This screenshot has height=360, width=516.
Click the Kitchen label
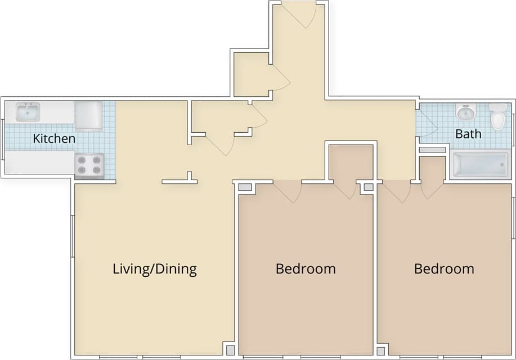click(54, 138)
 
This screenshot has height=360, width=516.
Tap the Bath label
click(468, 134)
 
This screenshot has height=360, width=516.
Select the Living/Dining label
click(155, 269)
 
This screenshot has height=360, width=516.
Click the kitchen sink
click(27, 111)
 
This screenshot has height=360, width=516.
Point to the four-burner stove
click(89, 165)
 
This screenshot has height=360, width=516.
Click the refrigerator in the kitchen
click(88, 115)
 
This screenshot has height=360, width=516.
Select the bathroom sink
click(466, 112)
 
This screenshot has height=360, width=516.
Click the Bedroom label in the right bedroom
click(444, 269)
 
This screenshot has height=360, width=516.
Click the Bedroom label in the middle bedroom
click(306, 269)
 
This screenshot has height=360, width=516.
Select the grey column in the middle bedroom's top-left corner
click(245, 187)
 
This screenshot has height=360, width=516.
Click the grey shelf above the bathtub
click(432, 151)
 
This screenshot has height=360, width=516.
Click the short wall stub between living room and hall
click(180, 181)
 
